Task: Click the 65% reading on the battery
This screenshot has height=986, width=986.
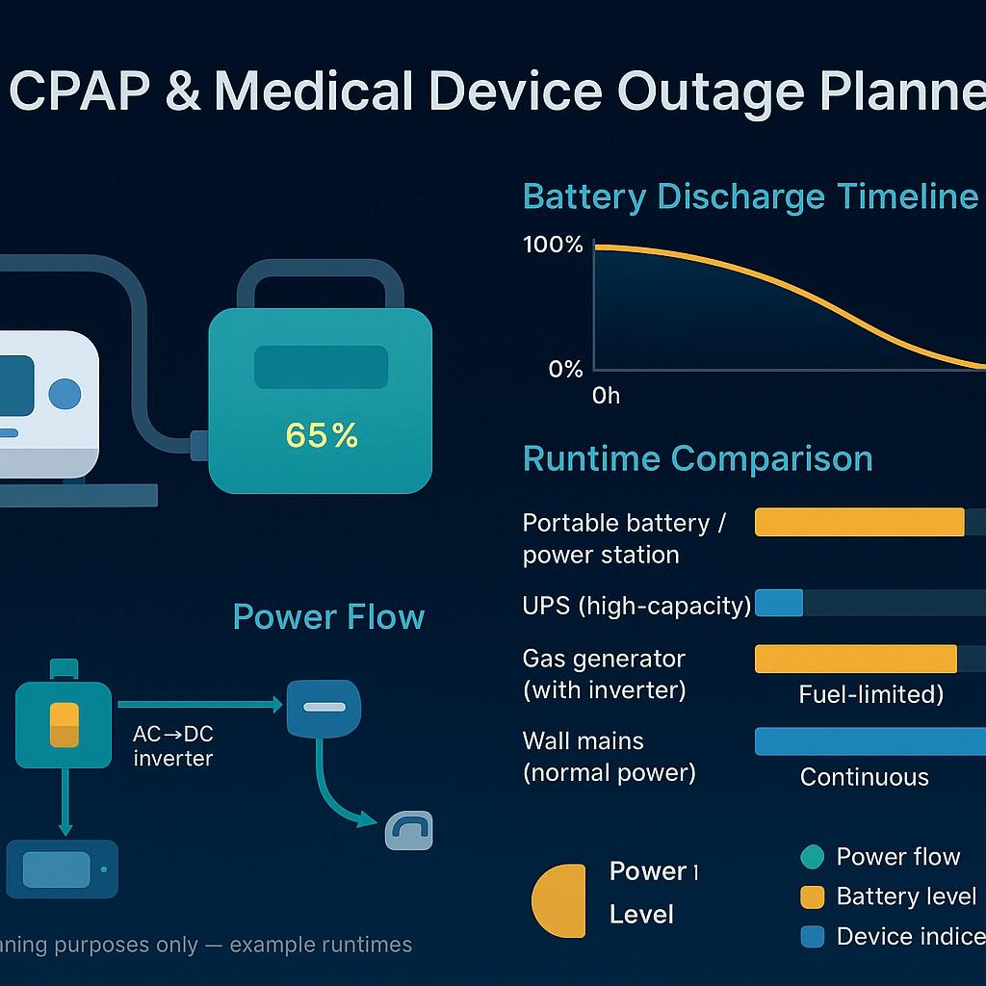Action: tap(322, 436)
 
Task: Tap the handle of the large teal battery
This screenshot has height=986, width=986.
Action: tap(320, 272)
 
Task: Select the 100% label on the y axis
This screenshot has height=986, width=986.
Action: tap(553, 245)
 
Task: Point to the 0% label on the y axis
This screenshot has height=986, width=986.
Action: tap(565, 369)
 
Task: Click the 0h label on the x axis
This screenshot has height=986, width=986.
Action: tap(607, 396)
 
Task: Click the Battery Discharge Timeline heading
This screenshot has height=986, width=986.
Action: tap(750, 196)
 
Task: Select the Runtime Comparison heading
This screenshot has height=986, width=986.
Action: tap(697, 458)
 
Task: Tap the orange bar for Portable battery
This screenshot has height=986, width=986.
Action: tap(859, 522)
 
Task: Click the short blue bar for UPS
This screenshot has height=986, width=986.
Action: tap(779, 603)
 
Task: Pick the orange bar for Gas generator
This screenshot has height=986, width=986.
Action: tap(855, 659)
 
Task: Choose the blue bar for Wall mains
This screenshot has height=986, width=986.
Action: tap(870, 741)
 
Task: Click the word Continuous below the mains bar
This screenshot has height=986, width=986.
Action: tap(864, 777)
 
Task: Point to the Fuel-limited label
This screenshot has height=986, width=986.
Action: tap(870, 694)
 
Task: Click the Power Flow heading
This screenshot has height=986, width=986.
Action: tap(328, 616)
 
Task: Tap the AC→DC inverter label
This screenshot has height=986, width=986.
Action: tap(173, 746)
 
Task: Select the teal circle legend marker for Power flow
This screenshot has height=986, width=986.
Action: tap(813, 857)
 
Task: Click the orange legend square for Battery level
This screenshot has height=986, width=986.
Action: tap(813, 896)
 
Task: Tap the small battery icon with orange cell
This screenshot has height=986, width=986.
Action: tap(64, 724)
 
